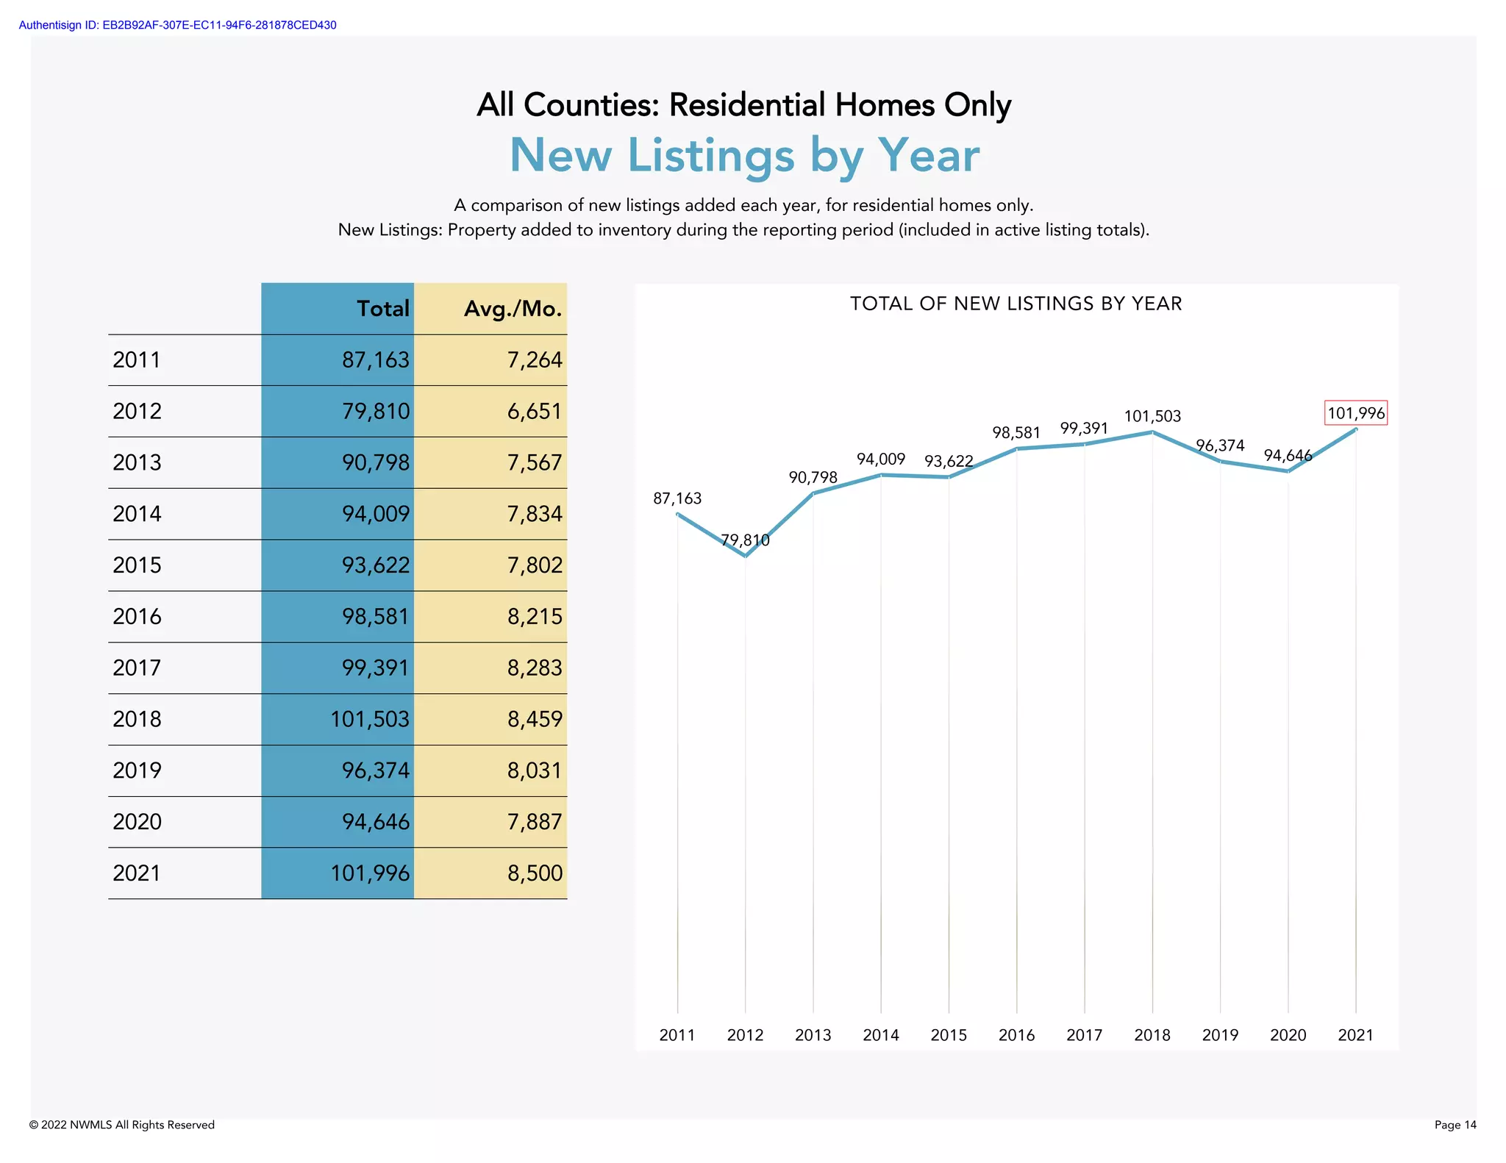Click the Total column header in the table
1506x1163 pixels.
click(x=382, y=309)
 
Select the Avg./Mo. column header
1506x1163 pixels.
click(x=513, y=309)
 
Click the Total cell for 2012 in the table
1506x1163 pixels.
click(x=375, y=411)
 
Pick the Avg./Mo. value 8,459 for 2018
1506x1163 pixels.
click(x=534, y=719)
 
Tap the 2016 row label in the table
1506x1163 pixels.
click(x=137, y=616)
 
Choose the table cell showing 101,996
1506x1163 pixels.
click(x=369, y=873)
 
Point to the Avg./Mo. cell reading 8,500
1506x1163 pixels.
click(x=534, y=873)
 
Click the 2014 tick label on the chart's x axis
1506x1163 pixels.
click(x=880, y=1035)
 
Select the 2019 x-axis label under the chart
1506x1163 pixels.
click(x=1220, y=1035)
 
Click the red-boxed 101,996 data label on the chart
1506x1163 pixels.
click(x=1355, y=413)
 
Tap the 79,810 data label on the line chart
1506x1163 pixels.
click(x=745, y=540)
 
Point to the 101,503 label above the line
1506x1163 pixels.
click(x=1152, y=416)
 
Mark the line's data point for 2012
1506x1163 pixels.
click(x=745, y=557)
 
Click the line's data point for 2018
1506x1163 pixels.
click(x=1152, y=432)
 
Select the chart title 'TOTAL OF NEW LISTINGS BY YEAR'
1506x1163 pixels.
click(x=1016, y=304)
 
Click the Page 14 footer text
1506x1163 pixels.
click(x=1455, y=1125)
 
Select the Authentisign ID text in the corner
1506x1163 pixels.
click(x=177, y=25)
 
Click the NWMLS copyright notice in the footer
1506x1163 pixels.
click(x=122, y=1125)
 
